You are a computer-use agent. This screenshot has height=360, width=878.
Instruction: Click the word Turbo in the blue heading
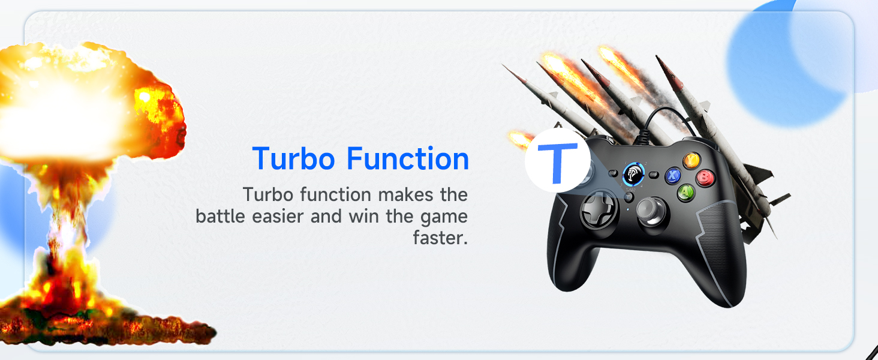(x=294, y=159)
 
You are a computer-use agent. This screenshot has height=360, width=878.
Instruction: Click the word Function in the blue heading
(x=408, y=159)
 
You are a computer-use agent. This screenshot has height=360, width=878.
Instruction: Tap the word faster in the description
(x=440, y=238)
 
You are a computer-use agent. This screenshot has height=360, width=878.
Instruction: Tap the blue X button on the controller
(x=673, y=175)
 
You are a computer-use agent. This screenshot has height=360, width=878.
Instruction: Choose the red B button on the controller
(x=705, y=177)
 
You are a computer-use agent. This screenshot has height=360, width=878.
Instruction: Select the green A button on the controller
(x=686, y=192)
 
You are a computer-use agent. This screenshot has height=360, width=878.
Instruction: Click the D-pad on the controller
(x=597, y=209)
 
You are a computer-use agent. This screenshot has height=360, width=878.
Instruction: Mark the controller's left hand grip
(x=567, y=264)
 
